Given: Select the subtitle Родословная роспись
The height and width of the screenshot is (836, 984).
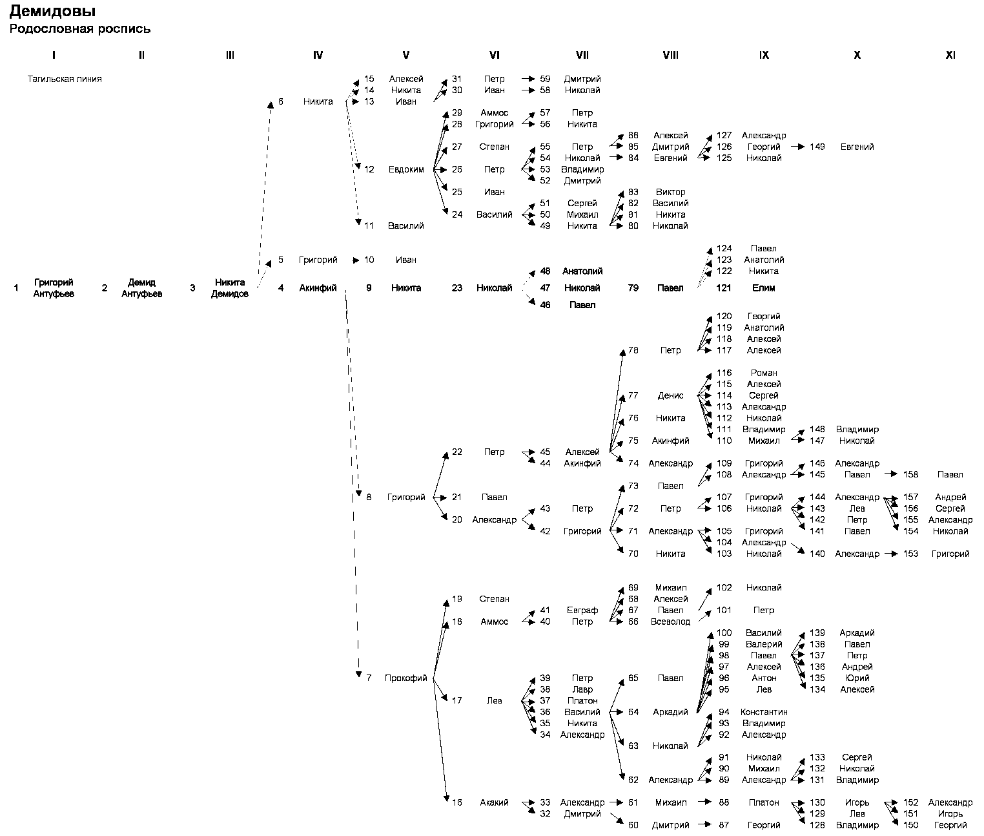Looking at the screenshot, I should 79,29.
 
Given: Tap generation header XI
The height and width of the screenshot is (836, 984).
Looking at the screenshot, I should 950,56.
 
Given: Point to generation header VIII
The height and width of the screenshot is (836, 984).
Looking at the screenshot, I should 670,56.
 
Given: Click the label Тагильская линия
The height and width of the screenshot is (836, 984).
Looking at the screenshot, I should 65,79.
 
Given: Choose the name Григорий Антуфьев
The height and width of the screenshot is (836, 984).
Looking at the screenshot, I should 54,288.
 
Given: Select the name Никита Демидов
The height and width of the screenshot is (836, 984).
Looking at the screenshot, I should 230,288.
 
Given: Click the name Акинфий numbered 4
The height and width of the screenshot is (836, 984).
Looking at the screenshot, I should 318,288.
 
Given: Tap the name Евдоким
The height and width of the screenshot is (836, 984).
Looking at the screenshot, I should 406,169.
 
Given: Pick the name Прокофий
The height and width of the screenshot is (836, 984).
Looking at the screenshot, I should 406,678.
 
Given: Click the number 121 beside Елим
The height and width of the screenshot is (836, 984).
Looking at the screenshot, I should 724,288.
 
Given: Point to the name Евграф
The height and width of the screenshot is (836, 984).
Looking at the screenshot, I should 582,610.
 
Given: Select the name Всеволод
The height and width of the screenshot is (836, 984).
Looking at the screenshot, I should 670,622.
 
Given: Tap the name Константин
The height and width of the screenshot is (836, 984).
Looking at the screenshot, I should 764,712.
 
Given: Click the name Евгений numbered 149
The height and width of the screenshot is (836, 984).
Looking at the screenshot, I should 857,147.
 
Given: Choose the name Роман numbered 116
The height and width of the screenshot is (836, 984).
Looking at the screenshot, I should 764,373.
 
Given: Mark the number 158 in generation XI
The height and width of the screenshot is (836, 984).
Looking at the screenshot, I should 910,474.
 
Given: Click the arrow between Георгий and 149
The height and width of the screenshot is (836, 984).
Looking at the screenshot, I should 799,147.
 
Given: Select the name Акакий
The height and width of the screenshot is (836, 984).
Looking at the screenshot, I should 494,802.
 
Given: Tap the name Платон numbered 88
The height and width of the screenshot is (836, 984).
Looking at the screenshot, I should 764,802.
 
